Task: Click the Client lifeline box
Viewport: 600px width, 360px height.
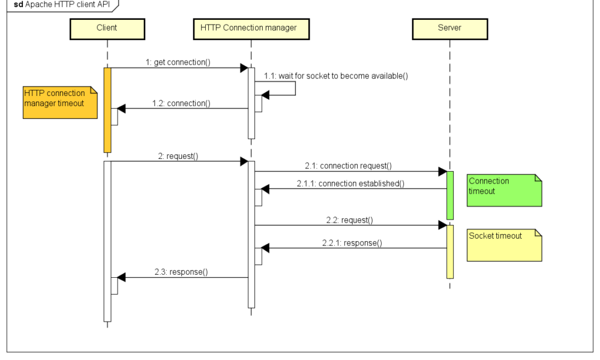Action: (x=107, y=28)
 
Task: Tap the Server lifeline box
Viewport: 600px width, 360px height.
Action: (x=449, y=28)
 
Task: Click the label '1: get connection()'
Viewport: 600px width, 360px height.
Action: (x=178, y=62)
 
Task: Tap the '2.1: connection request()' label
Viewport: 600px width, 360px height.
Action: (x=348, y=166)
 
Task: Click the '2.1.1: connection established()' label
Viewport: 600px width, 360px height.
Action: (x=350, y=184)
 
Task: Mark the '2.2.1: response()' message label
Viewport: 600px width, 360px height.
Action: (x=352, y=243)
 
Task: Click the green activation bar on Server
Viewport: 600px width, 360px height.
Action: (x=450, y=195)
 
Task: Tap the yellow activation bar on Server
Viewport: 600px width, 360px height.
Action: (x=450, y=252)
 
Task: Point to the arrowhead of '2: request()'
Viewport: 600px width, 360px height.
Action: (x=244, y=161)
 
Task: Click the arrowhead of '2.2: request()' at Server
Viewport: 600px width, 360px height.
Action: (x=443, y=225)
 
